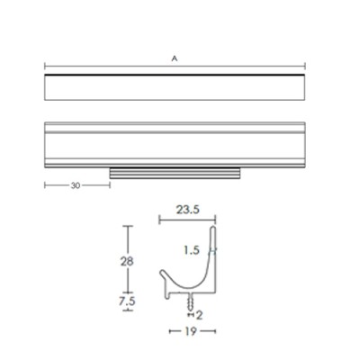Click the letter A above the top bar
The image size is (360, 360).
tap(175, 58)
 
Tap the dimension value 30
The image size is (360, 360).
tap(76, 185)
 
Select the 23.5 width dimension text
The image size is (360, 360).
tap(187, 210)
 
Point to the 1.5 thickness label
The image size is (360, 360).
tap(192, 250)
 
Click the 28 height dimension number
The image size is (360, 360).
tap(127, 262)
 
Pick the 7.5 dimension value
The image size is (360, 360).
tap(127, 301)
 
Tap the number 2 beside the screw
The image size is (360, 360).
tap(199, 315)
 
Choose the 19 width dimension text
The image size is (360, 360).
tap(191, 331)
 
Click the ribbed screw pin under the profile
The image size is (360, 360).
tap(191, 301)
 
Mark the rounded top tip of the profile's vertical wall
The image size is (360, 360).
tap(212, 228)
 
